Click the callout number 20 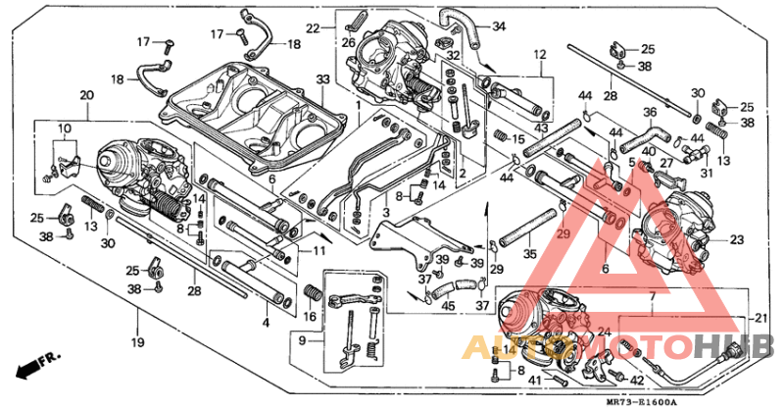point(86,94)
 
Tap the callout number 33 point(322,78)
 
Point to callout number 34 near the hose point(499,26)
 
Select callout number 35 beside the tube point(531,254)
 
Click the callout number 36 point(650,112)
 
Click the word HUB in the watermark point(744,346)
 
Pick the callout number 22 point(313,27)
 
